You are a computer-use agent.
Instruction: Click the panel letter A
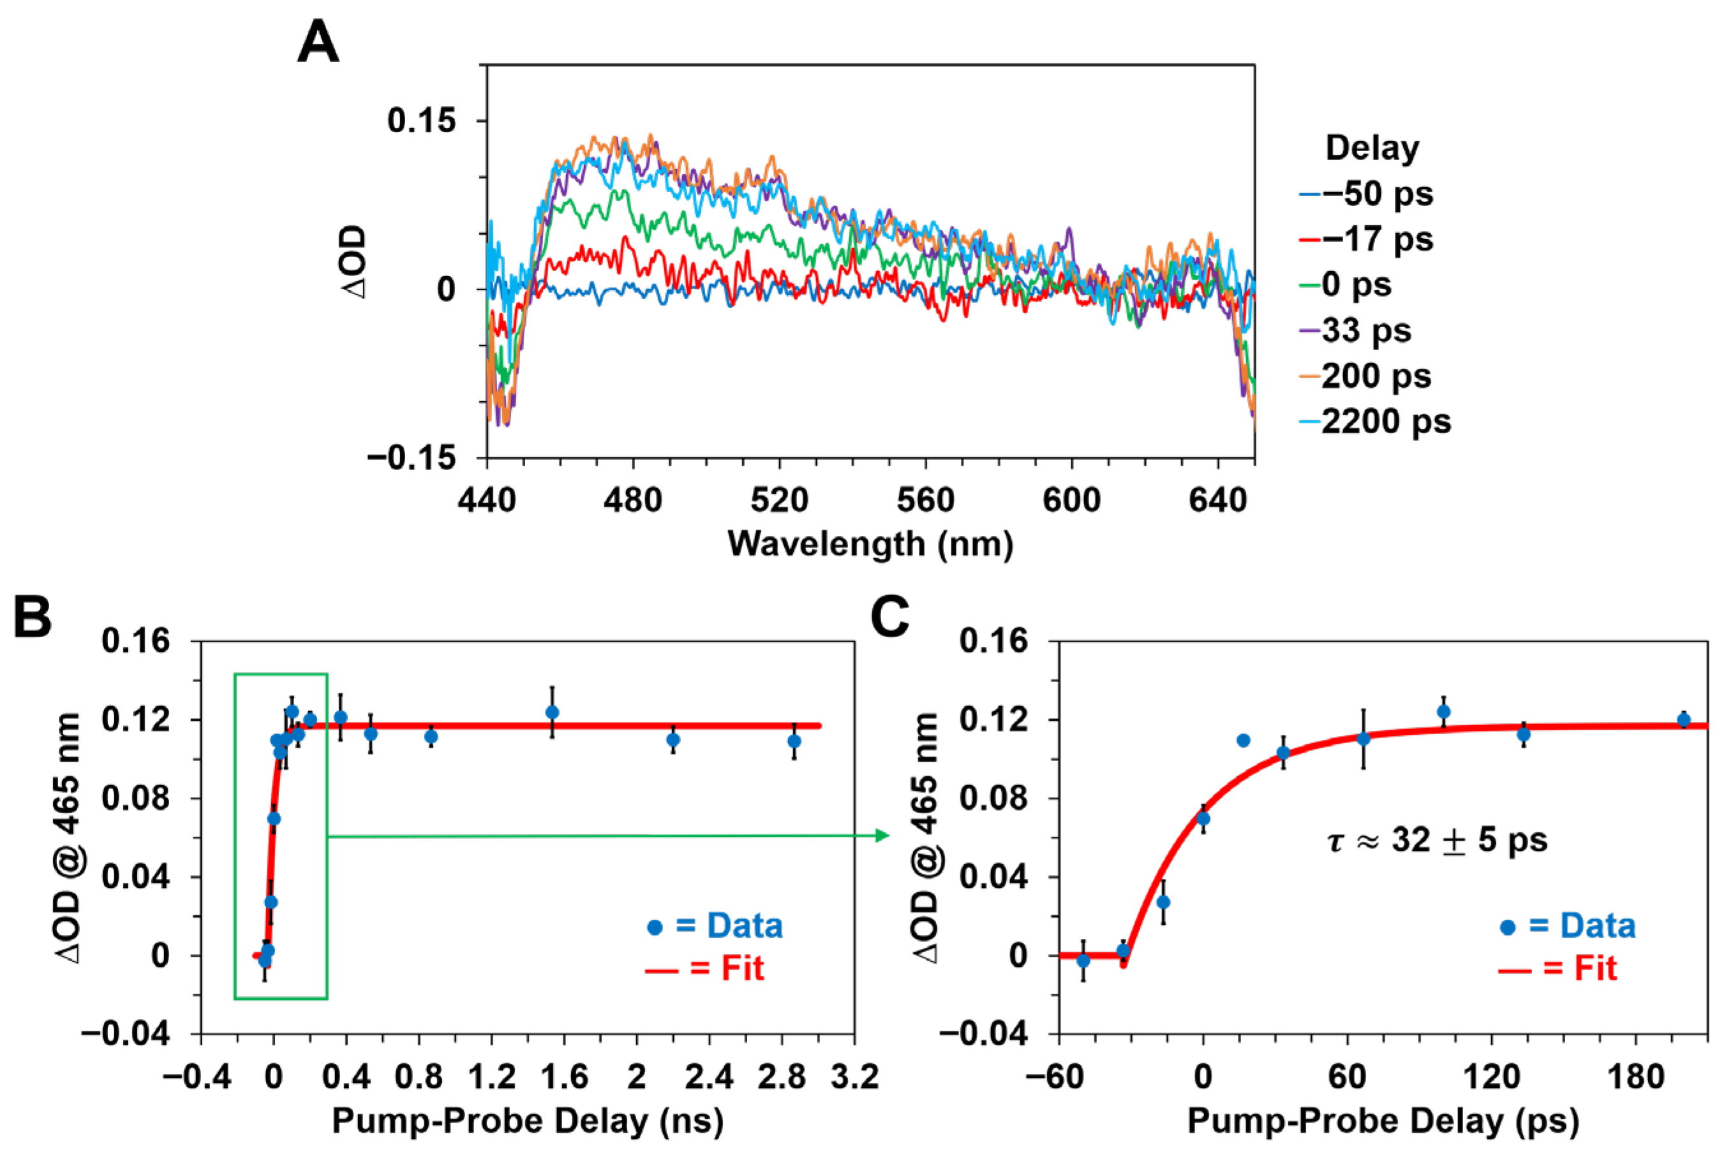318,42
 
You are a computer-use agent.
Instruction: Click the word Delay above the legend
1372,149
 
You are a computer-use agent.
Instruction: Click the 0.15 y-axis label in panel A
422,121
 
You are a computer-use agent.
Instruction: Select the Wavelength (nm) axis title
870,545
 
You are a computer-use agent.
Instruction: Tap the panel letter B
33,617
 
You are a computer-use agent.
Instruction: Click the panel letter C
889,617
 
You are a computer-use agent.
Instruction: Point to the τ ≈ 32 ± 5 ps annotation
1436,841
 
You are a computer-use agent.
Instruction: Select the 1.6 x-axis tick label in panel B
564,1077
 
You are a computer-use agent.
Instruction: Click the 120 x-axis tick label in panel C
1491,1077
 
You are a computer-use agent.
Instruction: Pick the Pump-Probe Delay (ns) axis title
527,1121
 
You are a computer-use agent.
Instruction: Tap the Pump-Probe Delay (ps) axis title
1383,1121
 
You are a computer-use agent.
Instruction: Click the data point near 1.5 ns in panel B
552,712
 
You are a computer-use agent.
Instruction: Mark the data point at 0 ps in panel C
1203,818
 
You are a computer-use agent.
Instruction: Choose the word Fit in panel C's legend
1595,968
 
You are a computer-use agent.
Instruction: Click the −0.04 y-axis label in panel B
126,1034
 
